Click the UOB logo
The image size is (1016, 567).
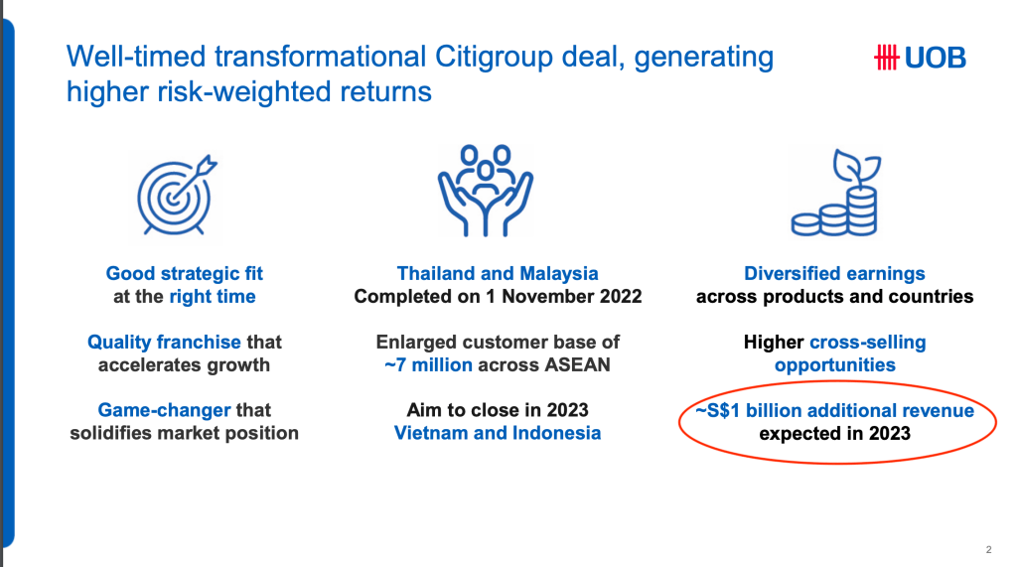coord(920,58)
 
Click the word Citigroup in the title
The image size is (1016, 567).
coord(493,57)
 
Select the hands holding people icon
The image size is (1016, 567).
coord(486,191)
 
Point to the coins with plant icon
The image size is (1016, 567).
coord(835,193)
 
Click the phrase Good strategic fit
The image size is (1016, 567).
coord(185,273)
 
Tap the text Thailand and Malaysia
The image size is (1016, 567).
coord(498,273)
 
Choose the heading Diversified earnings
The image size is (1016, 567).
coord(834,273)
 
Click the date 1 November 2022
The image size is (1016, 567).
coord(564,296)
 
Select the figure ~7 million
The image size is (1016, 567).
coord(428,364)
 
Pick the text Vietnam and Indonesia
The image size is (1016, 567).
coord(498,433)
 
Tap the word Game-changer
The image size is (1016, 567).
coord(165,410)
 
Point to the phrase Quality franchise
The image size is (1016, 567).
coord(165,343)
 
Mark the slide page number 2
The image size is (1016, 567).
coord(989,549)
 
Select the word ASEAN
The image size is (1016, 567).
coord(577,364)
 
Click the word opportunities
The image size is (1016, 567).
coord(835,365)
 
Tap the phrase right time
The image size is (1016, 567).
coord(213,297)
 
